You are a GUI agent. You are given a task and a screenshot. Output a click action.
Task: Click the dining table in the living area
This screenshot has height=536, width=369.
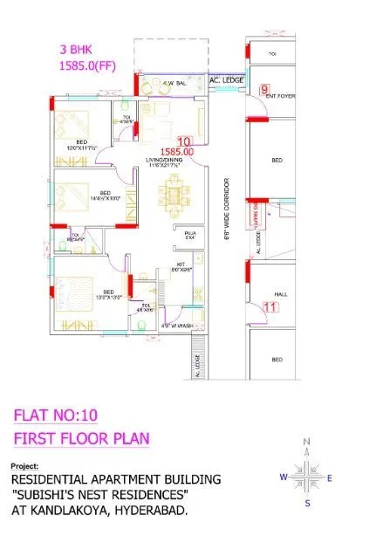coord(181,198)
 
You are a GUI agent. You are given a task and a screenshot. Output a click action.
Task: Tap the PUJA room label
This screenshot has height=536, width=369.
coord(189,235)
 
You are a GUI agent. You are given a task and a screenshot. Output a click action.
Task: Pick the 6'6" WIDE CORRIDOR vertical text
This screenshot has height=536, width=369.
coord(227,213)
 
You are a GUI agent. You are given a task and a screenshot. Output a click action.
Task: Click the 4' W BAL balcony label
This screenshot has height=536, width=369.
coord(174,84)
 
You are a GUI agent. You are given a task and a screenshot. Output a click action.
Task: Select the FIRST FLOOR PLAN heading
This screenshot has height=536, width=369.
coord(82,437)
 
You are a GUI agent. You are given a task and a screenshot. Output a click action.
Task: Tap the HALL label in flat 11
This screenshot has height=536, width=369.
coord(279,294)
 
